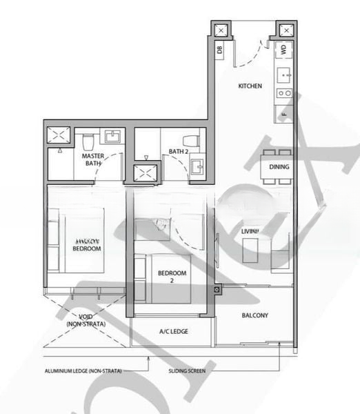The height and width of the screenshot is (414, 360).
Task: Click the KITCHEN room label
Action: (250, 86)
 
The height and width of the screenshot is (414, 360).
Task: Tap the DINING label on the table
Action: (279, 167)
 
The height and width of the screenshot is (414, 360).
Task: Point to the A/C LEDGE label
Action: (174, 331)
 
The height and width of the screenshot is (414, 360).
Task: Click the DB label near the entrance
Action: (220, 49)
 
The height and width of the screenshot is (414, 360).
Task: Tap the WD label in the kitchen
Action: (283, 50)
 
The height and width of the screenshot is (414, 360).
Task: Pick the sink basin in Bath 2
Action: (197, 166)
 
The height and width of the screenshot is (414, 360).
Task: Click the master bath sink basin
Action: (113, 137)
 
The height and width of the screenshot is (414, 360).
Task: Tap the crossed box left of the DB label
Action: (220, 30)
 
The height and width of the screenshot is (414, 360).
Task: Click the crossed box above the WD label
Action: (283, 30)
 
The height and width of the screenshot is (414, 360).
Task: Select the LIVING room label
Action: (250, 230)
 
